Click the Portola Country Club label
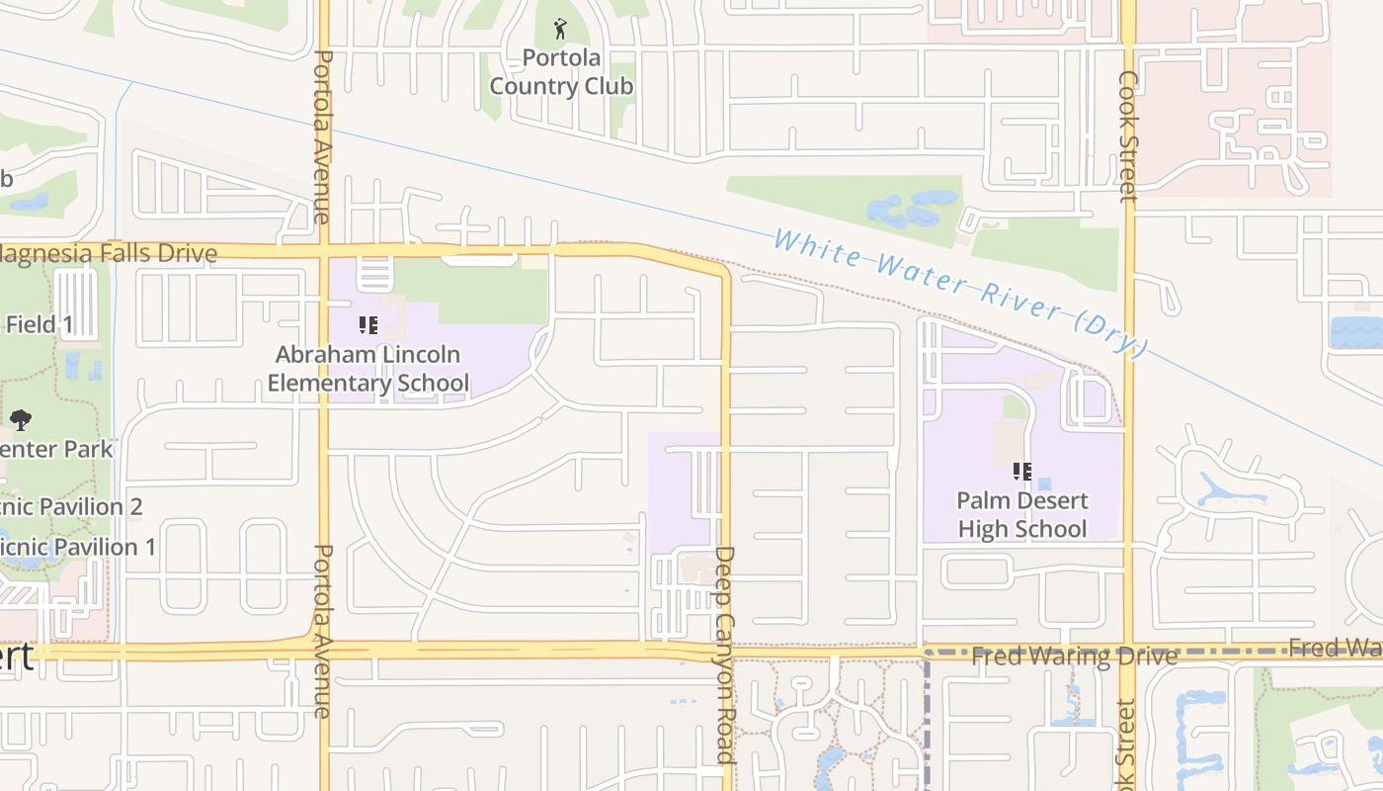[x=561, y=72]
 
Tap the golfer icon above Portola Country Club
[x=561, y=28]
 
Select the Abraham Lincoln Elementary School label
[x=367, y=368]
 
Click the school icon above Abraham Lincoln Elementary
[x=368, y=324]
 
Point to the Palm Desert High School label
[x=1022, y=514]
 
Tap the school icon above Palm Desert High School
[x=1022, y=472]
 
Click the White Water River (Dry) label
[x=960, y=294]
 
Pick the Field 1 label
[x=40, y=323]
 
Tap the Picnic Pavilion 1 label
[x=77, y=547]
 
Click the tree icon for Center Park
[x=21, y=420]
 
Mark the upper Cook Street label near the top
[x=1128, y=135]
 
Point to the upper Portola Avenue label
[x=322, y=136]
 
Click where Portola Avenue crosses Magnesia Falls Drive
[x=323, y=251]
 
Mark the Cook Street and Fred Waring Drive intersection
[x=1128, y=651]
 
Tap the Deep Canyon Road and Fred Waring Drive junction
[x=726, y=651]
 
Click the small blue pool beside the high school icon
[x=1044, y=484]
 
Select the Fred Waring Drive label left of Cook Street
[x=1074, y=657]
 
